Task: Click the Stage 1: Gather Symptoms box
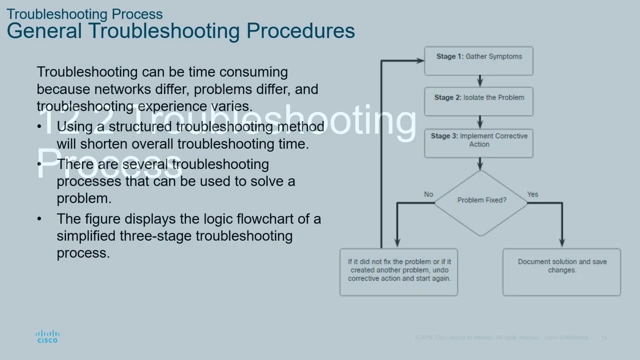pos(478,61)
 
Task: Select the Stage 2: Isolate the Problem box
pos(478,101)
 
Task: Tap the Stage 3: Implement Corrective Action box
pos(478,143)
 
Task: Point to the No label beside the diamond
pos(428,194)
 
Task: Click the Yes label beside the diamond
pos(532,194)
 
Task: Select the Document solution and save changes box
pos(561,272)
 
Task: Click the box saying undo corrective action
pos(398,272)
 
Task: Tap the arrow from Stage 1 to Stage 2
pos(480,81)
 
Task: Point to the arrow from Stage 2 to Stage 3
pos(480,122)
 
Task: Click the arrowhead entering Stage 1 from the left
pos(420,60)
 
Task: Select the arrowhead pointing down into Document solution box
pos(562,242)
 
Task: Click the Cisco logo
pos(47,336)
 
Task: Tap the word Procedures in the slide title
pos(300,30)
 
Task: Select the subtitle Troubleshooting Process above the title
pos(84,13)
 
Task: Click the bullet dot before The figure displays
pos(39,219)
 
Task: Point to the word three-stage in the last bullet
pos(156,235)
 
